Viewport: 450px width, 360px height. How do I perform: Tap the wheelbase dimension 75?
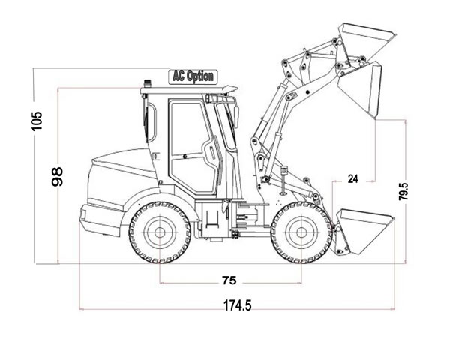tap(229, 280)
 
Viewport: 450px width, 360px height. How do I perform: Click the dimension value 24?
tap(353, 178)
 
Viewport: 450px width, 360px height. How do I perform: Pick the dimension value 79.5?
tap(404, 191)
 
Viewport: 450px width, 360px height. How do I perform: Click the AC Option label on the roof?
tap(193, 76)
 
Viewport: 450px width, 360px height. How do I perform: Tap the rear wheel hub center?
tap(160, 230)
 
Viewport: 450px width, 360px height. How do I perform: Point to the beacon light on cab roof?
tap(148, 78)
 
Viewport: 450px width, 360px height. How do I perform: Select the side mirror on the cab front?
tap(235, 116)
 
